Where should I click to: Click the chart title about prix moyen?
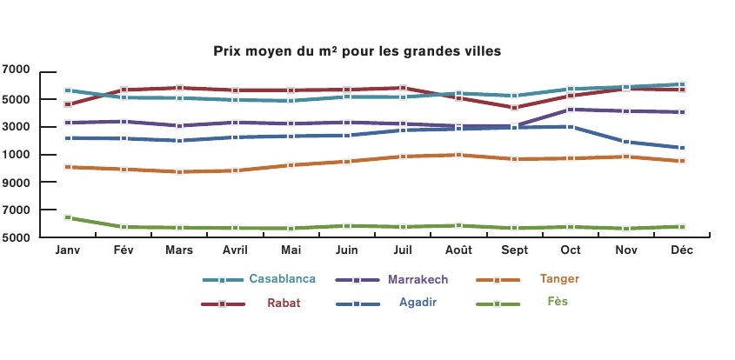357,51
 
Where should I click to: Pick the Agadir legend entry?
418,303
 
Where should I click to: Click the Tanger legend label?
559,279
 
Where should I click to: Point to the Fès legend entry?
558,303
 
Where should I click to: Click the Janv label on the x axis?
67,250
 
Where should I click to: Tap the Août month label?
458,250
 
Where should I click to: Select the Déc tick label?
682,250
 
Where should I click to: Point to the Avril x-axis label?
235,250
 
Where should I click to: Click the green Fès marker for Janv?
68,217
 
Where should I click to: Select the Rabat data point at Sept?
515,108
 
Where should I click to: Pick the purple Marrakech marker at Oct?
571,110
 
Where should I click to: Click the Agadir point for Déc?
683,148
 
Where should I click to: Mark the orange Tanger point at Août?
459,155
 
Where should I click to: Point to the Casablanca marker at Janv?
68,90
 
